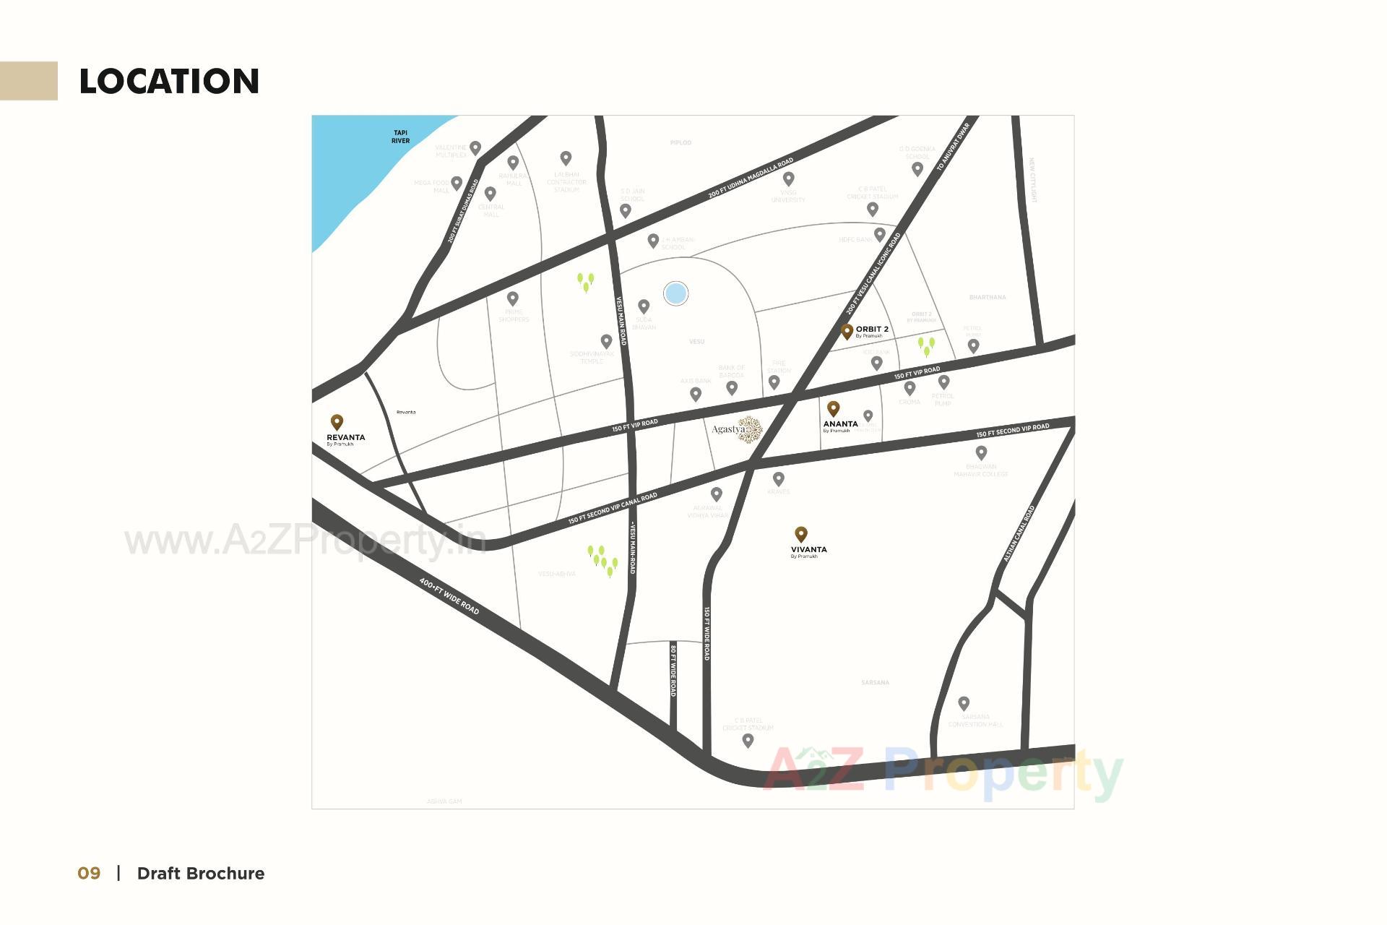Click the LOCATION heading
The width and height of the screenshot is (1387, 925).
[169, 81]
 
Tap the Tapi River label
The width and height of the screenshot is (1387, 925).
[400, 137]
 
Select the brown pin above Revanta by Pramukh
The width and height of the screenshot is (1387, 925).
[337, 421]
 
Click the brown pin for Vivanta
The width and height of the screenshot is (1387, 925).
[800, 534]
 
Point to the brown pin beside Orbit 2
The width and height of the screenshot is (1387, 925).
[847, 332]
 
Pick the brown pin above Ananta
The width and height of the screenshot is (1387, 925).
[833, 408]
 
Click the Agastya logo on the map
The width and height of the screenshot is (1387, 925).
[738, 429]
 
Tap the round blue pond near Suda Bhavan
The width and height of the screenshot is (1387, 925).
[675, 293]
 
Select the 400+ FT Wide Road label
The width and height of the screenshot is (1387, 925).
[449, 596]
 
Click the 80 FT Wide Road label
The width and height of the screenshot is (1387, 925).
[673, 670]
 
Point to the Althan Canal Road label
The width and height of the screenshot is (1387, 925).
[1019, 533]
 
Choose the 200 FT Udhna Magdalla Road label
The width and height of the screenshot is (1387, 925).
[751, 178]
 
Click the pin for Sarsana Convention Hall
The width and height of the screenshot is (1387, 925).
[964, 702]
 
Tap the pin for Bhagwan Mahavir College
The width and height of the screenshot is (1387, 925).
[981, 452]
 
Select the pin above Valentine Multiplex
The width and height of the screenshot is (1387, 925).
[475, 147]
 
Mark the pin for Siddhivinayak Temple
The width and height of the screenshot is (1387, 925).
[607, 340]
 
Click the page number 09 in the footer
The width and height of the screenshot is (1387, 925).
[89, 873]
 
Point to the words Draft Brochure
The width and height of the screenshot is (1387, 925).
[201, 873]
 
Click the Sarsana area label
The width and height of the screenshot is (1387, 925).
[875, 682]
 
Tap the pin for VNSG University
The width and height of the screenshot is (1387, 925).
[789, 178]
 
